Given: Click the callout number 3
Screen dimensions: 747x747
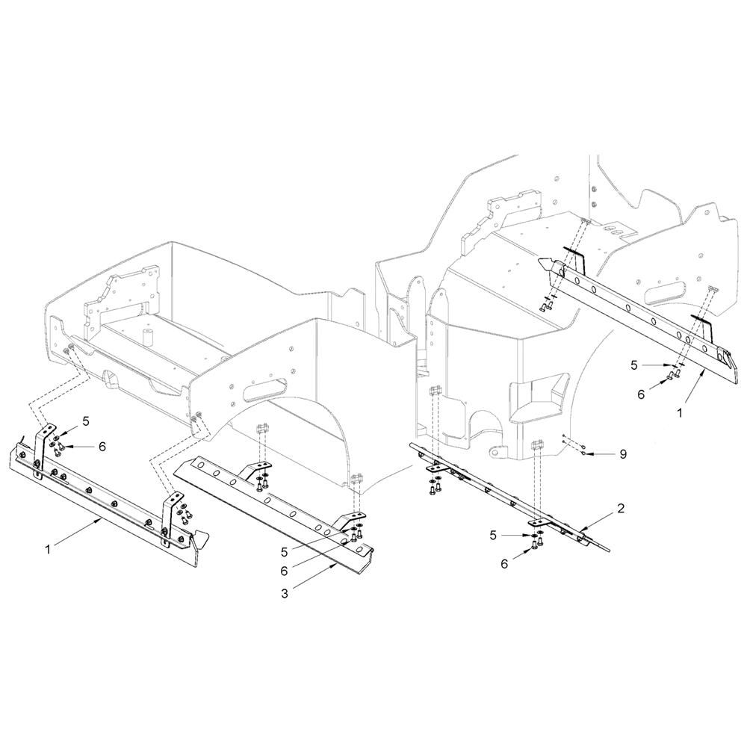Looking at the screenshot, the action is point(285,594).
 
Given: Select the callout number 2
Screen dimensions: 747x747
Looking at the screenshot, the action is point(620,508).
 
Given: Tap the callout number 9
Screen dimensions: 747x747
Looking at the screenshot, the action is point(623,454).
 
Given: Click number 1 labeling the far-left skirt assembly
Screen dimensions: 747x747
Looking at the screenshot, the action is point(48,549).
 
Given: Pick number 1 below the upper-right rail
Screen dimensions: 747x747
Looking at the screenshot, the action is point(680,413).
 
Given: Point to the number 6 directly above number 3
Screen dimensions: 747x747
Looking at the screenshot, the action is point(285,571).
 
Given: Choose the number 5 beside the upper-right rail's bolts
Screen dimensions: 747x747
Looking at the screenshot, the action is point(634,365).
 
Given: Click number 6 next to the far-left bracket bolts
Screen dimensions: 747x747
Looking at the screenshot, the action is point(102,447).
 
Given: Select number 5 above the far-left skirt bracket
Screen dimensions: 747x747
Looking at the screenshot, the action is point(86,421).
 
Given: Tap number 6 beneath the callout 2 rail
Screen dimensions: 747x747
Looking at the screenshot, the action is point(504,564).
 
